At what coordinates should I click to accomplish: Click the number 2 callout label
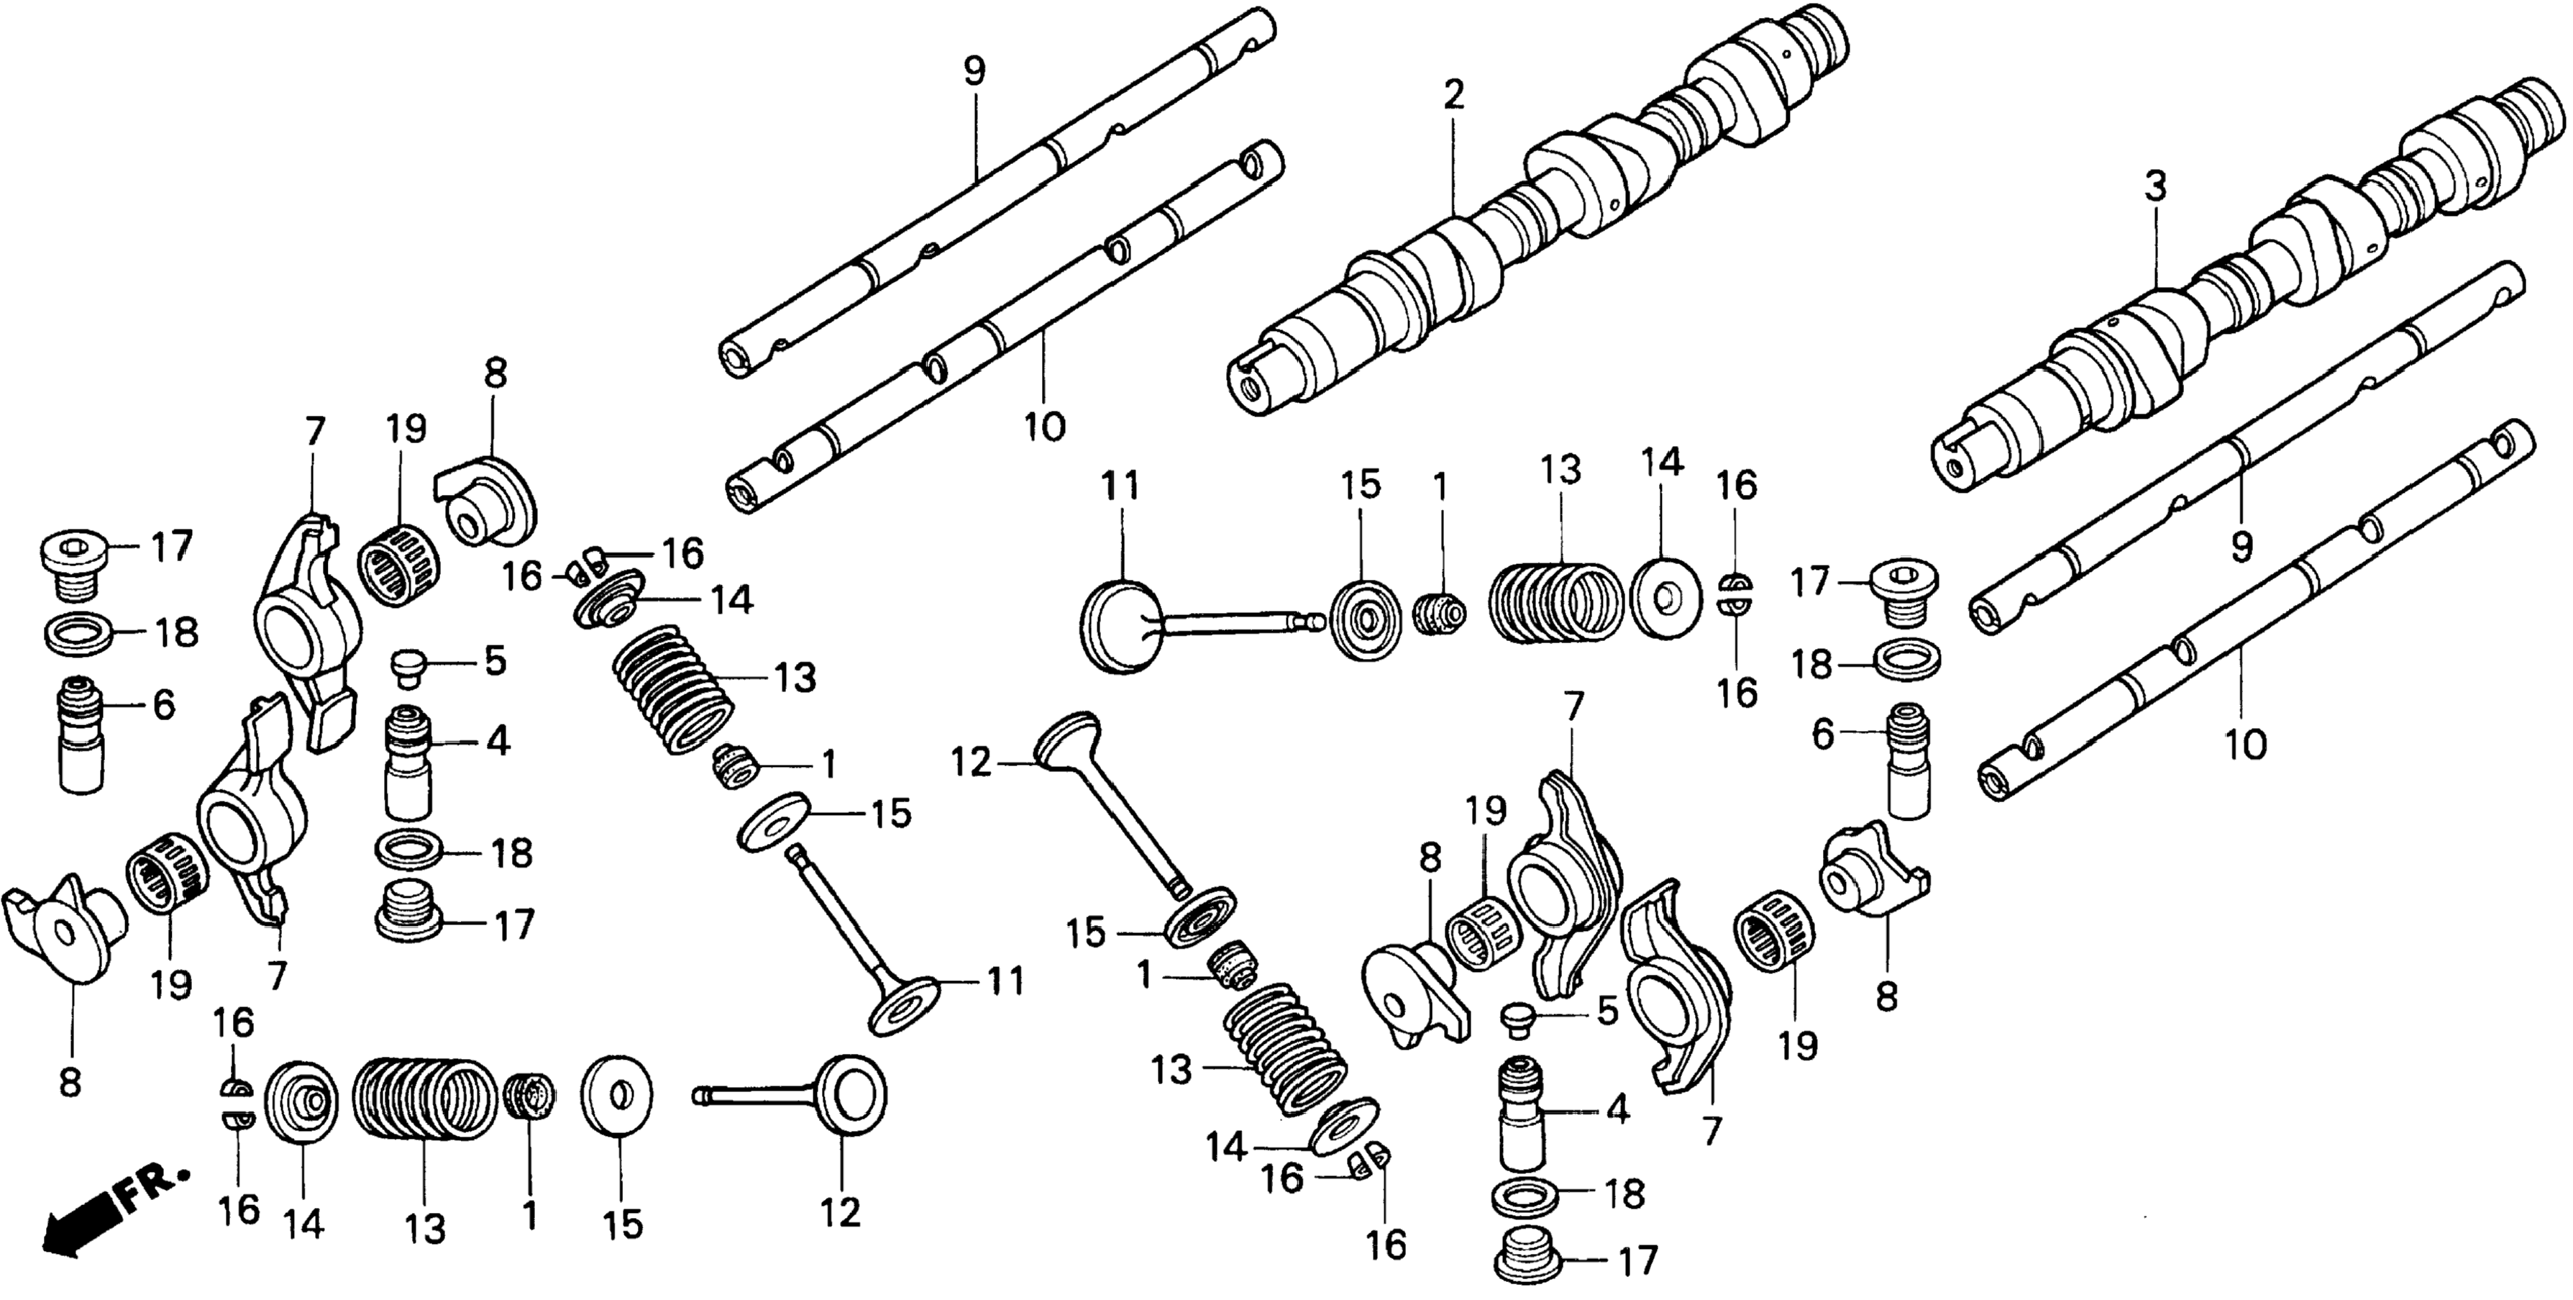pos(1453,95)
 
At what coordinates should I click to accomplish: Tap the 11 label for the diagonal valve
pos(1006,981)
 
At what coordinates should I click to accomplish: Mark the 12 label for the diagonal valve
pos(970,763)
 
